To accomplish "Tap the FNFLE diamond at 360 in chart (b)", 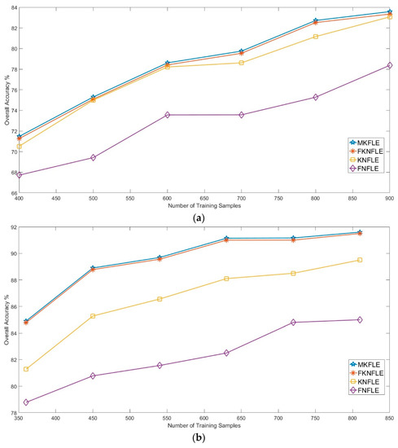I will [26, 402].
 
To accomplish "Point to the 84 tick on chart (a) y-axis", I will [10, 7].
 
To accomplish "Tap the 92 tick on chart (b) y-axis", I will [10, 227].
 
